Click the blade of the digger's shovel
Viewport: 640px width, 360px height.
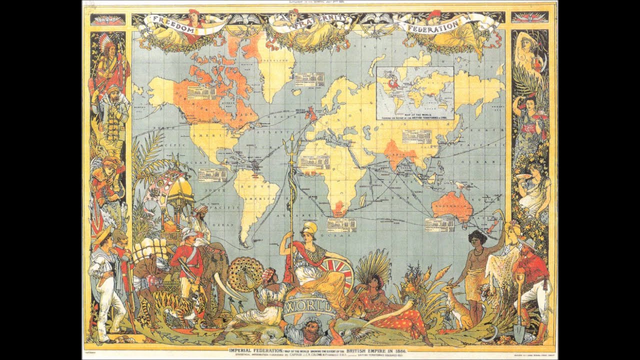(519, 332)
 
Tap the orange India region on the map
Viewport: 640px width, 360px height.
(395, 153)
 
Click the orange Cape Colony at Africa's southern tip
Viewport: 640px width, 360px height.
(339, 206)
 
